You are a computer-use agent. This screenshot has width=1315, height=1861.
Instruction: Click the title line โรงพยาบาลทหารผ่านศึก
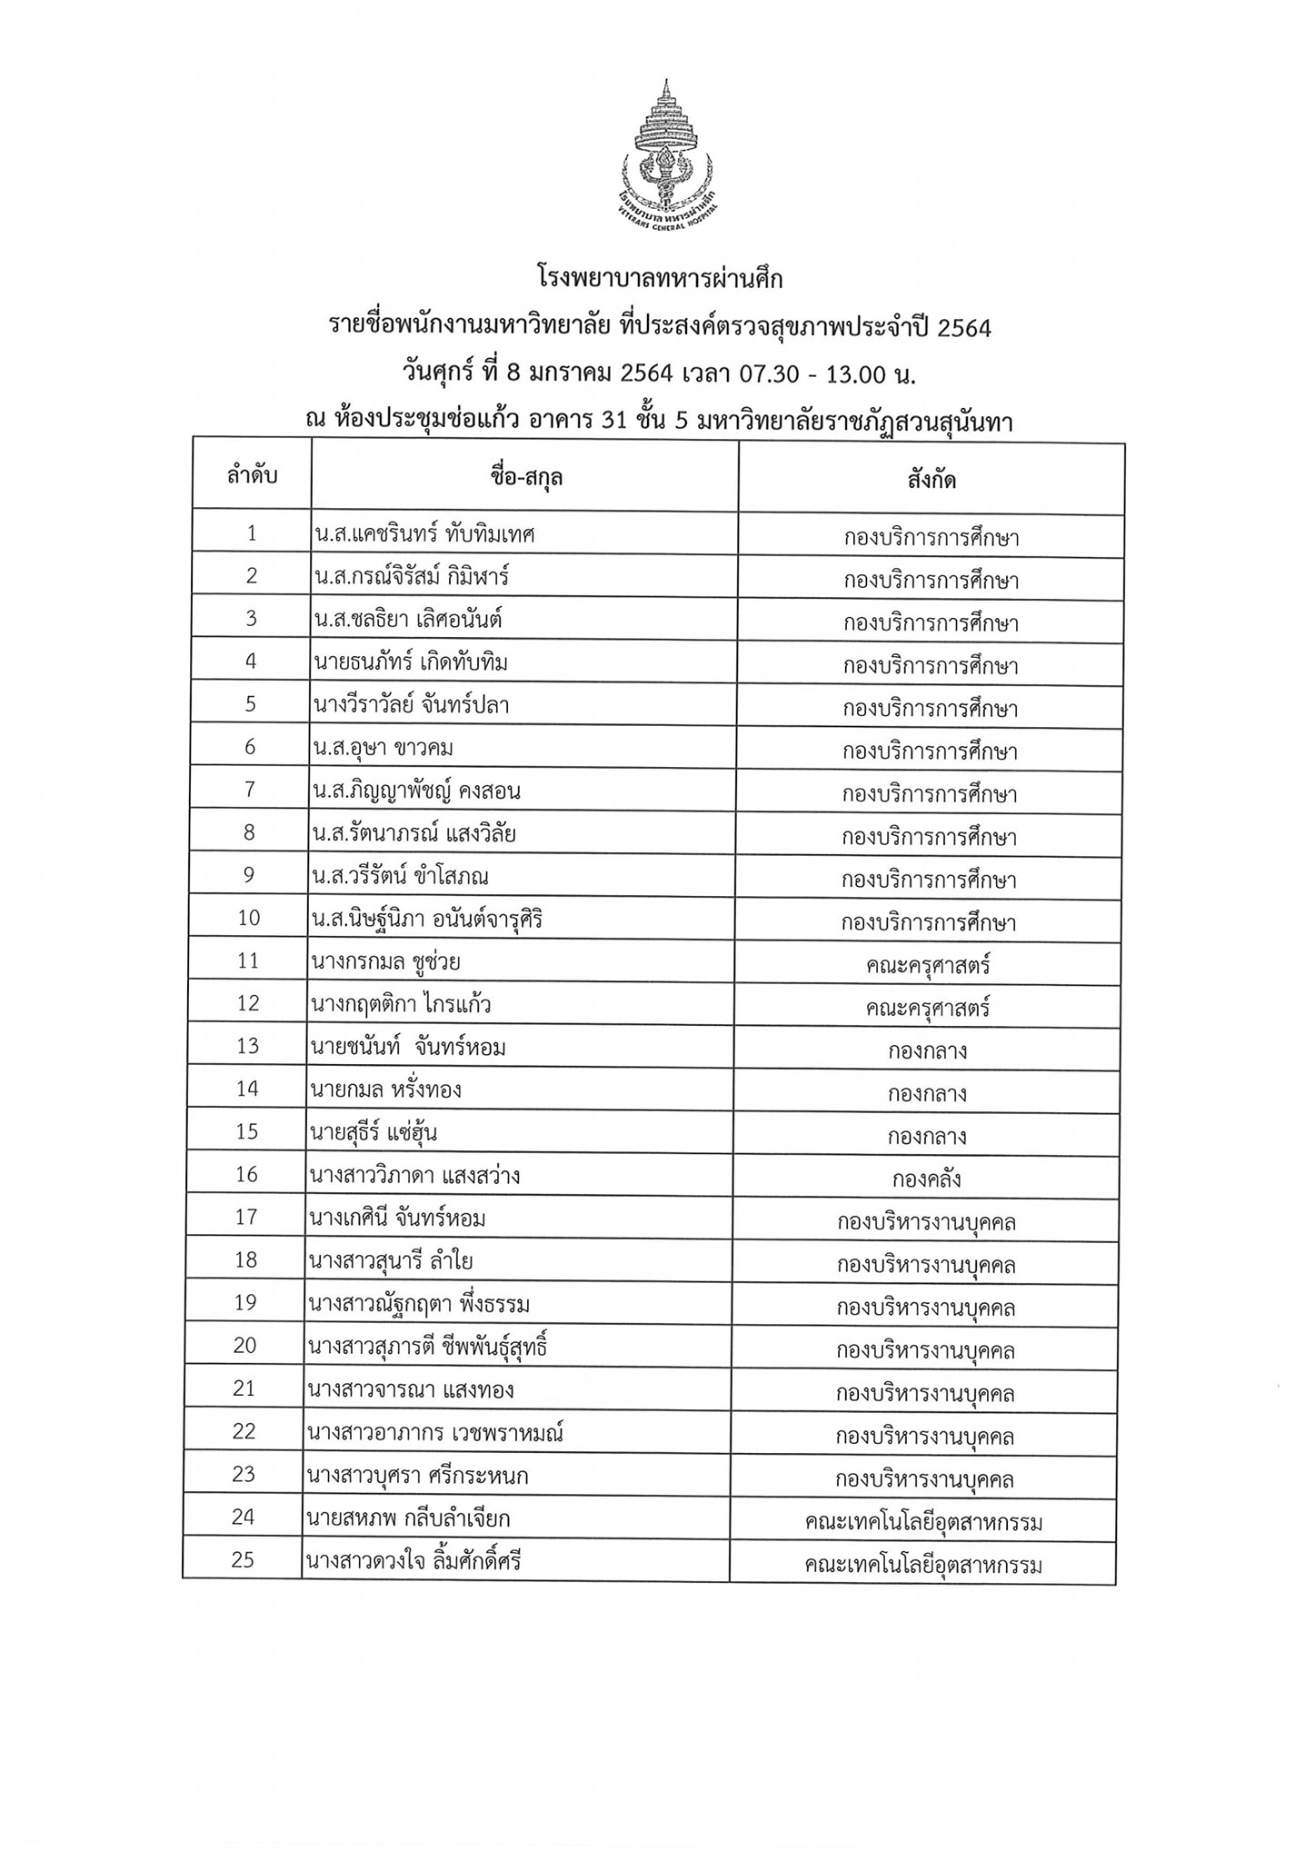658,279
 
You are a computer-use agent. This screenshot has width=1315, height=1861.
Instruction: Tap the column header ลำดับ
252,474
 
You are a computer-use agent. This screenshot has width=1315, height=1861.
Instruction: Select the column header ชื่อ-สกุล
525,476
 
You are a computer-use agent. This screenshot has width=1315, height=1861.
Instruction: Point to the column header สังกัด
931,480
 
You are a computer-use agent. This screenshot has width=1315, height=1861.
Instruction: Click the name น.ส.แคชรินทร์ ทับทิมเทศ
424,533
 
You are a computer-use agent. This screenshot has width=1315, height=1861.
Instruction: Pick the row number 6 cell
251,747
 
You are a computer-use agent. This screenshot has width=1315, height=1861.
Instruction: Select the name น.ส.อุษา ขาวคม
383,748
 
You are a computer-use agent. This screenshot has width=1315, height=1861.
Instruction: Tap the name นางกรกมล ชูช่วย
391,960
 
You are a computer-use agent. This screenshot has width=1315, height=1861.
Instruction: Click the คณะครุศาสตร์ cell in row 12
927,1008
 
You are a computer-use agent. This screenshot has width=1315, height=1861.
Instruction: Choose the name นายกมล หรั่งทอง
385,1089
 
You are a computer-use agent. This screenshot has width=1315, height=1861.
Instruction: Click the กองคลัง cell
926,1179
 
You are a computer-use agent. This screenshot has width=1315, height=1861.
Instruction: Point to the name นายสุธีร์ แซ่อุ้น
374,1132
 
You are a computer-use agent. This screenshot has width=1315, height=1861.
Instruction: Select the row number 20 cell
245,1346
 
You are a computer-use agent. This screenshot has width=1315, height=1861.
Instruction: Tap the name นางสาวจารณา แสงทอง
412,1389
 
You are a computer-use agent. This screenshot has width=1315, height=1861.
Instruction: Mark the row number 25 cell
244,1560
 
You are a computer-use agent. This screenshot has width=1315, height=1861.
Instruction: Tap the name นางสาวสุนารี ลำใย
391,1261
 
